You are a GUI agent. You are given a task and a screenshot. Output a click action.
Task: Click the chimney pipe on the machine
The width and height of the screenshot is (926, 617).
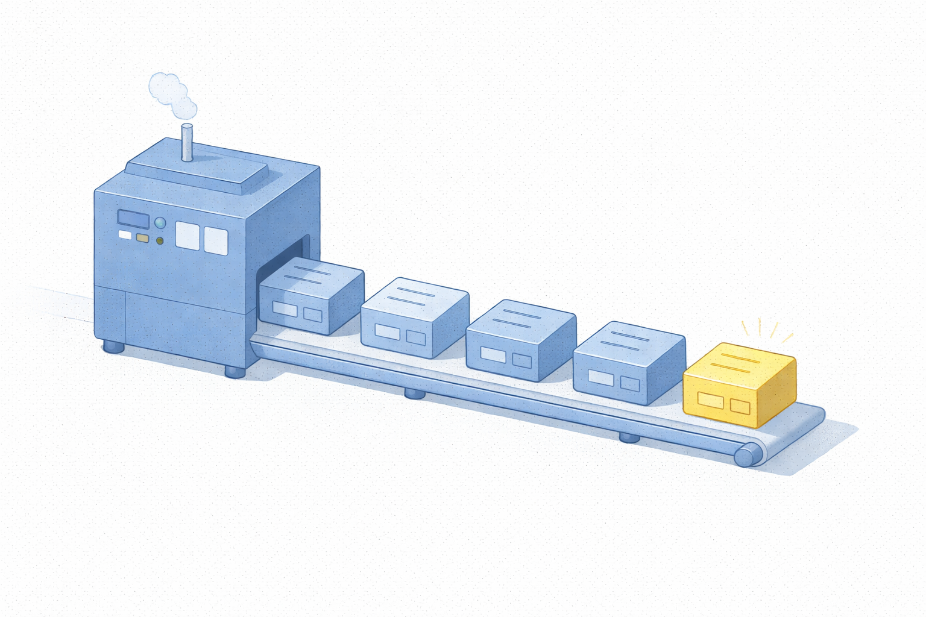[187, 142]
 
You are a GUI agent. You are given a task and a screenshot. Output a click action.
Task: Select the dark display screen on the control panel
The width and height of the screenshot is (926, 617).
[133, 218]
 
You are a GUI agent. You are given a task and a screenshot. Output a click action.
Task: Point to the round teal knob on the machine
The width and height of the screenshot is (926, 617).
[160, 223]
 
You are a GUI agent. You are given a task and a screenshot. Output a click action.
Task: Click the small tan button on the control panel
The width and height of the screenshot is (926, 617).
[142, 238]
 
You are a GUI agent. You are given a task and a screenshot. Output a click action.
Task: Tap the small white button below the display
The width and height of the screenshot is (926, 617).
[125, 235]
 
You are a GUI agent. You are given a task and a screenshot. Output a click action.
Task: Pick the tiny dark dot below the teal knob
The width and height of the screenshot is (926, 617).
[160, 241]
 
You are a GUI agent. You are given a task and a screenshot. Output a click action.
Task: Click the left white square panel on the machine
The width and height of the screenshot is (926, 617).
[187, 236]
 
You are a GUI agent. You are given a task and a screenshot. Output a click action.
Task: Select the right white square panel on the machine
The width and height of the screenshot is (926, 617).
[216, 240]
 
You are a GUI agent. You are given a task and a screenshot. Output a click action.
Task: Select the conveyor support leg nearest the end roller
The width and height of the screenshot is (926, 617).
[629, 437]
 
